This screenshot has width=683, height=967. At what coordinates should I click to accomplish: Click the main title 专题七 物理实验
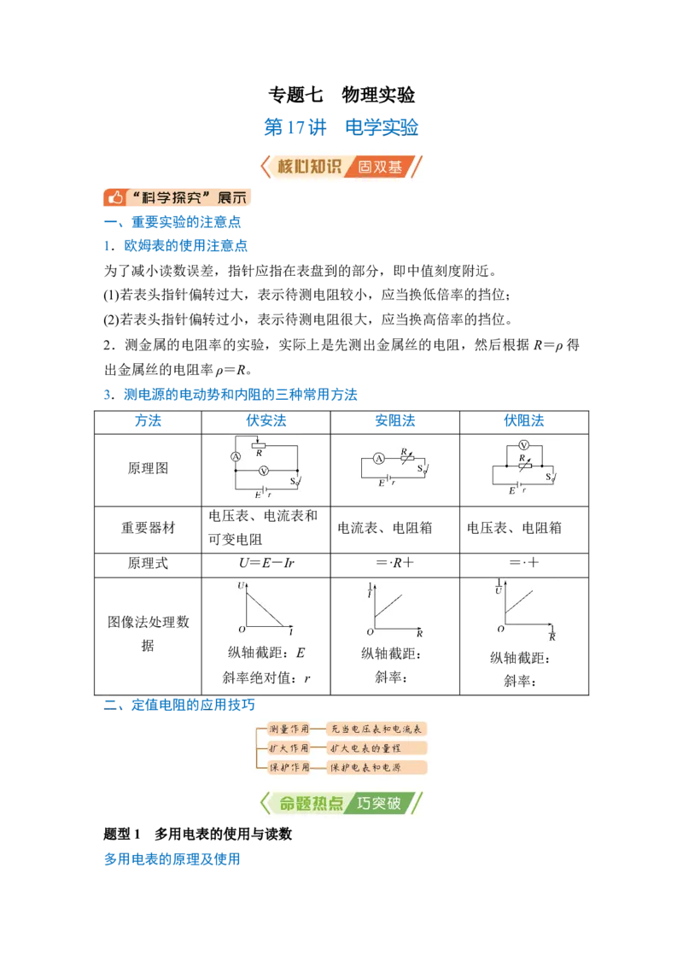coord(341,94)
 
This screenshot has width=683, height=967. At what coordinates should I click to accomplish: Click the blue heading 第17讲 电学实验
coord(341,127)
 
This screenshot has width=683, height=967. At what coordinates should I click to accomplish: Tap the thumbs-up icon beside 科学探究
coord(114,197)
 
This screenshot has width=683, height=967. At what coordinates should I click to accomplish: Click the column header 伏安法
coord(266,420)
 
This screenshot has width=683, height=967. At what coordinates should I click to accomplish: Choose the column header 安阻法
coord(395,420)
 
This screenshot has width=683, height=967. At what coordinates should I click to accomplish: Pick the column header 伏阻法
coord(524,420)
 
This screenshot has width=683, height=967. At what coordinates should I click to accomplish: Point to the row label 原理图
coord(148,468)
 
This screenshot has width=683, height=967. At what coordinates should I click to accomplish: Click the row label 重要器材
coord(148,527)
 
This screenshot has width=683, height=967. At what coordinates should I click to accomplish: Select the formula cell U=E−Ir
coord(266,562)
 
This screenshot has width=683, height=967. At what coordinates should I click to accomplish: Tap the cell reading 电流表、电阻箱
coord(385,527)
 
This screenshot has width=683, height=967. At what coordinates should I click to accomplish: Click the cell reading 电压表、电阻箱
coord(514,527)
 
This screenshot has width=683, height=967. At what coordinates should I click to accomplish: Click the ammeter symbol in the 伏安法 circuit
coord(236,457)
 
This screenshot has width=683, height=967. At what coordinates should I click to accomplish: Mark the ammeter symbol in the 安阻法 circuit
coord(379,458)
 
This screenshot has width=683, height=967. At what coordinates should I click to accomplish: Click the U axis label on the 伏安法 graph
coord(241,585)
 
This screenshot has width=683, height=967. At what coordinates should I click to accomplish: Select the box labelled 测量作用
coord(289,729)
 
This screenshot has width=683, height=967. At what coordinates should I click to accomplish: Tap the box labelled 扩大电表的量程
coord(376,748)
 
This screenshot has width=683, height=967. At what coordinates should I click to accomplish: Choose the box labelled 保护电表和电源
coord(376,767)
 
